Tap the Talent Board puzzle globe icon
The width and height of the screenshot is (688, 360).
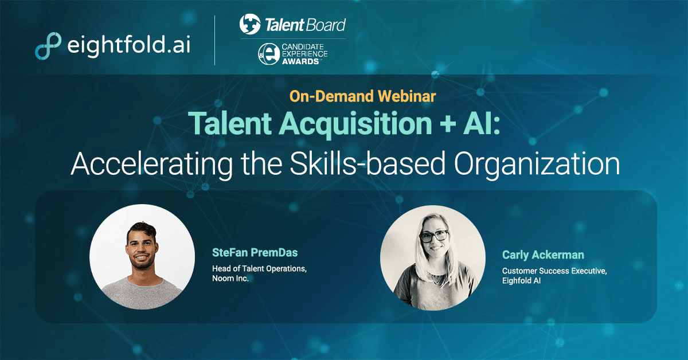tap(250, 25)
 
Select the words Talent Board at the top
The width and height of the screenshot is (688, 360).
tap(305, 25)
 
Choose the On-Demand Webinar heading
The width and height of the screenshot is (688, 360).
tap(362, 96)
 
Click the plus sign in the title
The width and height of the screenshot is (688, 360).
tap(439, 123)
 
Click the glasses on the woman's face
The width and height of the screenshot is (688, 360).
tap(434, 236)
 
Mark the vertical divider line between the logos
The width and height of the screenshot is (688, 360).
tap(215, 41)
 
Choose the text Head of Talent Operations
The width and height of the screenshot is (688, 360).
tap(259, 268)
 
